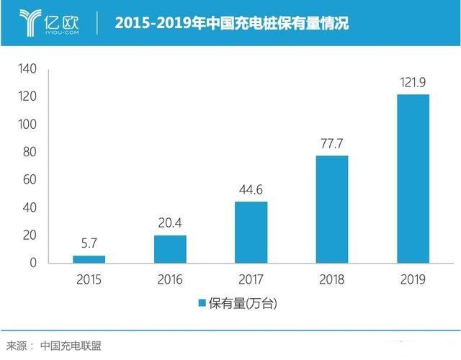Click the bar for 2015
pyautogui.click(x=89, y=259)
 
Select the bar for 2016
pyautogui.click(x=170, y=249)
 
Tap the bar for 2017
pyautogui.click(x=251, y=232)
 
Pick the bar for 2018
pyautogui.click(x=332, y=209)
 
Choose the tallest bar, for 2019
pyautogui.click(x=413, y=179)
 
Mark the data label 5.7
pyautogui.click(x=89, y=244)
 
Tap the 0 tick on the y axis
pyautogui.click(x=32, y=264)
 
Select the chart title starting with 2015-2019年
pyautogui.click(x=231, y=23)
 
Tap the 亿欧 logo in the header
pyautogui.click(x=50, y=22)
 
